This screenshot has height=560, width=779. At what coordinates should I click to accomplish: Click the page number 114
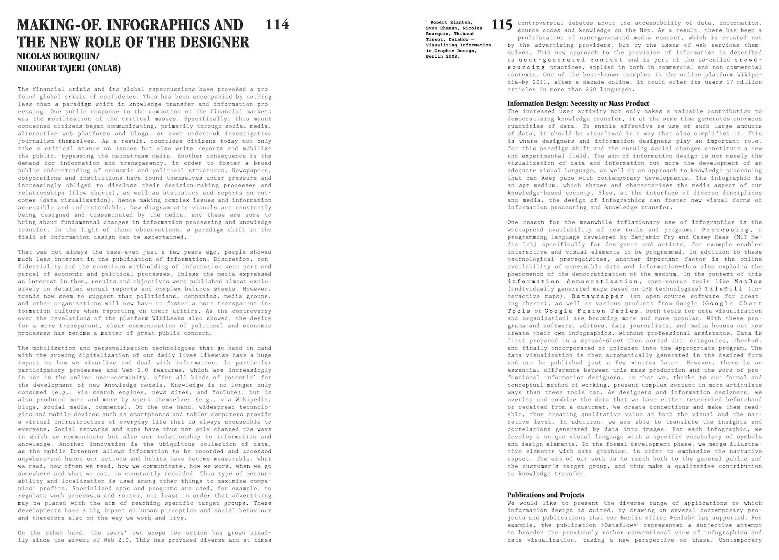(277, 25)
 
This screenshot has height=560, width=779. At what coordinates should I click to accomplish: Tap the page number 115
(502, 25)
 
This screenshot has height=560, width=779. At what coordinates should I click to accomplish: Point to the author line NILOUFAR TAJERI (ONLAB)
(69, 69)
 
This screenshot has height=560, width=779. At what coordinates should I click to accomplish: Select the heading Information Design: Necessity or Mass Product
(578, 103)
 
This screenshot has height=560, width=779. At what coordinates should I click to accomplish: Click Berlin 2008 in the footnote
(443, 56)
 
